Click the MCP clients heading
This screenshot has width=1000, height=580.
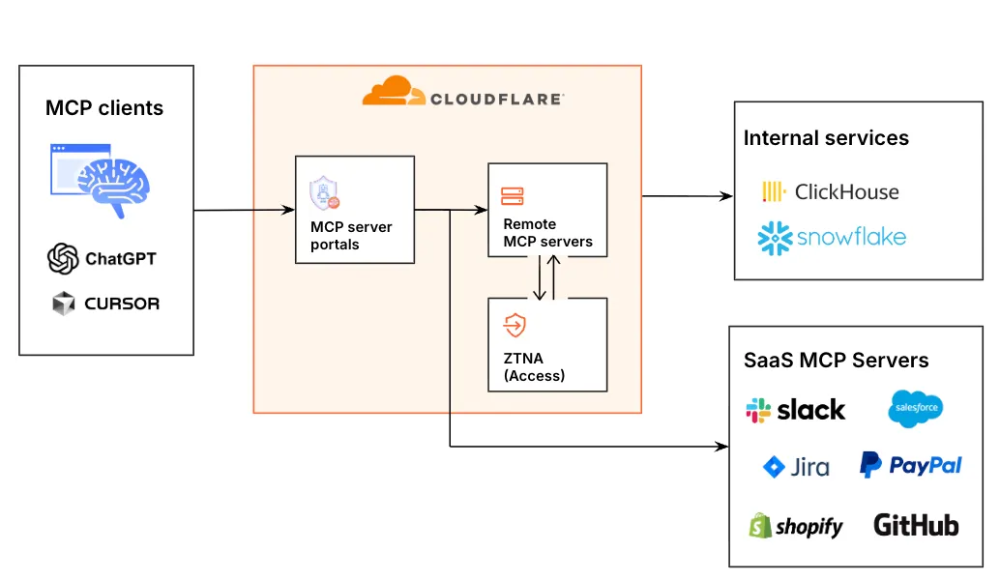click(104, 108)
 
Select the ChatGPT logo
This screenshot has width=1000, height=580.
click(103, 258)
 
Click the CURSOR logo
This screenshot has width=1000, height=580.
click(105, 304)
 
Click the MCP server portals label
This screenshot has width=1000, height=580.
click(351, 236)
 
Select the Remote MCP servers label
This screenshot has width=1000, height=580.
click(547, 233)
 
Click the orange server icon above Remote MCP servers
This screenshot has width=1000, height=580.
click(512, 196)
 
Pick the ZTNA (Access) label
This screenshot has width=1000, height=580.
click(534, 367)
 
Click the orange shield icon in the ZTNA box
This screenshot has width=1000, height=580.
click(514, 326)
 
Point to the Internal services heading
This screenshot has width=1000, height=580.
click(826, 138)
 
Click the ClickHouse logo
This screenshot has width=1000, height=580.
click(831, 191)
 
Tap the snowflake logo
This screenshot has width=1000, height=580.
click(833, 237)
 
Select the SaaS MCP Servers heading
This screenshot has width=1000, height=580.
click(836, 361)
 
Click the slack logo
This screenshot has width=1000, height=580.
click(795, 410)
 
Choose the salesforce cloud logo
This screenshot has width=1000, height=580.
click(914, 409)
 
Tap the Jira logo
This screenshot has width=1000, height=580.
click(796, 468)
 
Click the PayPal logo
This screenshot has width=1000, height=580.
click(910, 465)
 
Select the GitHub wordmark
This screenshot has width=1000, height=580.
click(915, 525)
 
